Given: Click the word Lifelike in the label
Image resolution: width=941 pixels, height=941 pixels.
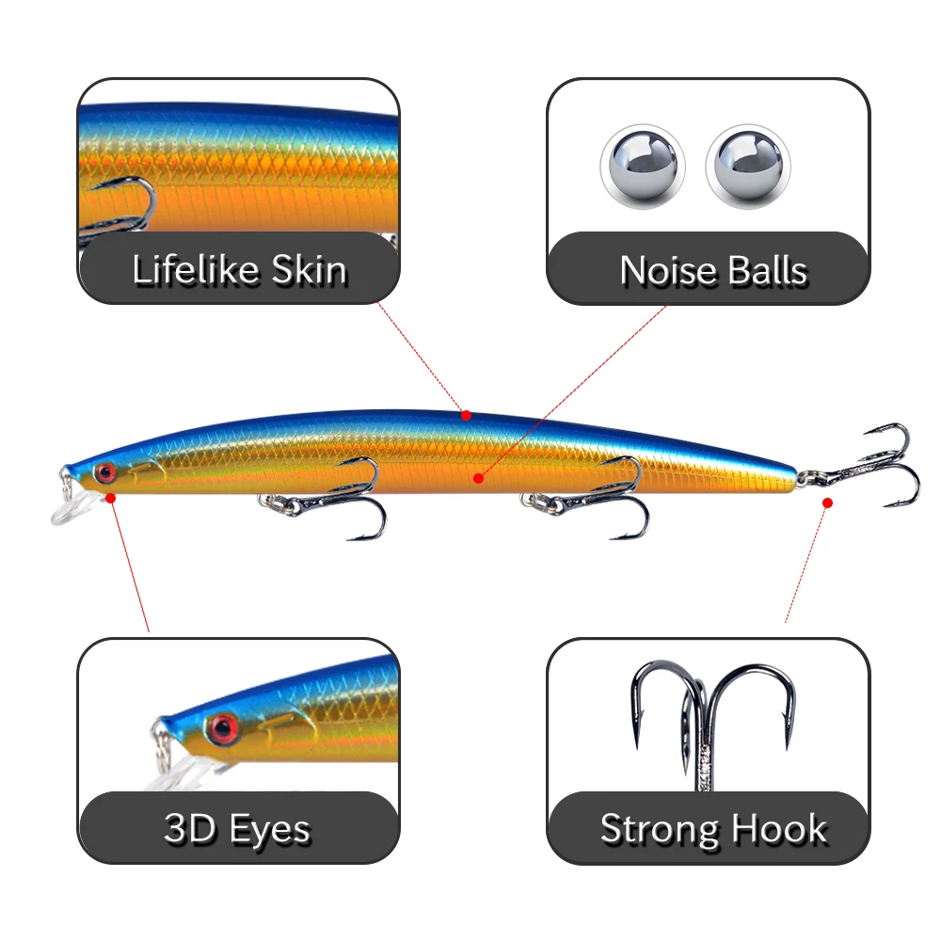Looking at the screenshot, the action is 196,270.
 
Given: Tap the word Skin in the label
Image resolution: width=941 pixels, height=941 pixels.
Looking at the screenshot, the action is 309,270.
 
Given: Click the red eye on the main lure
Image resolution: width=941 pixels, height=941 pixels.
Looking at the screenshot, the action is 104,470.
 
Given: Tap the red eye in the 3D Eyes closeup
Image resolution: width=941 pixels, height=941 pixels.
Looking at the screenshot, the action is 223,726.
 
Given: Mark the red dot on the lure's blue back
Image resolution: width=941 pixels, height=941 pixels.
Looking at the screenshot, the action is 465,414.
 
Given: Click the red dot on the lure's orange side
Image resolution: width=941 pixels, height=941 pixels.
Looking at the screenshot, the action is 478,479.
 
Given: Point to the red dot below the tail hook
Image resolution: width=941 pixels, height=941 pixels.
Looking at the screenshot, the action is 827,502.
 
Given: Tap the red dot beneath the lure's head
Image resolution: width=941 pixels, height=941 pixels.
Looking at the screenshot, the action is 111,497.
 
